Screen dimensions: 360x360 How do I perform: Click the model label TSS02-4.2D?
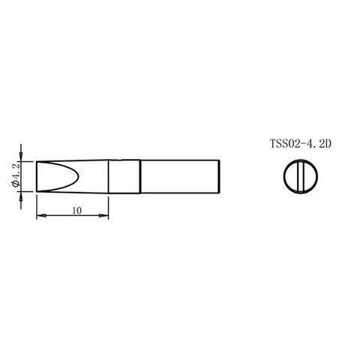point(301,144)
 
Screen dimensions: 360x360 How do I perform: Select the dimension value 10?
point(77,211)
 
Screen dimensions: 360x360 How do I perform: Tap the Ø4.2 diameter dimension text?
point(16,175)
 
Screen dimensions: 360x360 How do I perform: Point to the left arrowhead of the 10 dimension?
point(41,215)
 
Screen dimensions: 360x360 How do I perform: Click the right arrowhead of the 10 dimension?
point(103,215)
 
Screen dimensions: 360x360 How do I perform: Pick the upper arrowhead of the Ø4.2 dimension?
point(21,157)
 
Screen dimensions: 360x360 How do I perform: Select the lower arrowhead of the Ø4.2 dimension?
point(21,196)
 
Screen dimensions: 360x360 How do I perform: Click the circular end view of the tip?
point(301,176)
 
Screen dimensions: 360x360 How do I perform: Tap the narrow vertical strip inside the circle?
point(301,176)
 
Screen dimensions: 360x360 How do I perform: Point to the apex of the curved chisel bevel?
point(79,176)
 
